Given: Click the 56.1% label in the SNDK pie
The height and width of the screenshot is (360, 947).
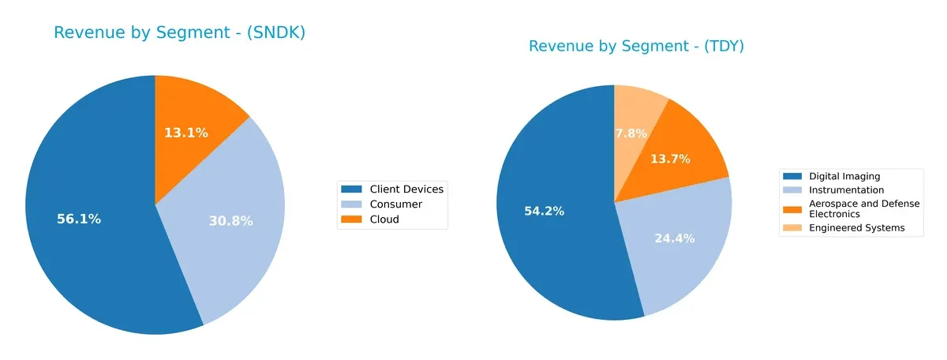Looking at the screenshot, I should click(79, 219).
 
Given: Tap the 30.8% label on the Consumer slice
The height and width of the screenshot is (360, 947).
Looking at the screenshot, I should click(230, 221).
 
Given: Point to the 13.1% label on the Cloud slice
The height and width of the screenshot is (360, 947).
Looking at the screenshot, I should click(186, 133).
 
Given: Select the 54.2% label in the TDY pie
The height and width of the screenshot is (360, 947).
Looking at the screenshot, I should click(545, 211).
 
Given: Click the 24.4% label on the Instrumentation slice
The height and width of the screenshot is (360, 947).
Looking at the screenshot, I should click(675, 238).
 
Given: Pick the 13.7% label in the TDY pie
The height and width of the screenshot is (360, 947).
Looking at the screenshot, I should click(670, 159).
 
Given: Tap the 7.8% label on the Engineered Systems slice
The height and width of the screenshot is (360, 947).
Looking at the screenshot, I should click(631, 133).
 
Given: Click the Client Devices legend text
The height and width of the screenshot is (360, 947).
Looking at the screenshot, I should click(406, 189).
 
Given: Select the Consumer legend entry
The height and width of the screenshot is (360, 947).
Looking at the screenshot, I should click(395, 204).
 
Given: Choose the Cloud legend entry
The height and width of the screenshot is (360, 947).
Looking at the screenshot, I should click(384, 219).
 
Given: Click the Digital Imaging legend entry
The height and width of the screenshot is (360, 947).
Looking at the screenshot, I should click(844, 176).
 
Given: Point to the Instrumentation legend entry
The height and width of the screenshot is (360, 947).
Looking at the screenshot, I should click(847, 189).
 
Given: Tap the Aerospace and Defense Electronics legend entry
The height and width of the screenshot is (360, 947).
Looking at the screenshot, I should click(864, 208).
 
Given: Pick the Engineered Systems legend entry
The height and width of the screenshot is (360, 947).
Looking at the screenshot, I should click(857, 228).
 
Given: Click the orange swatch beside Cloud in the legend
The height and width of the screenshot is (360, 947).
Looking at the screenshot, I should click(352, 219).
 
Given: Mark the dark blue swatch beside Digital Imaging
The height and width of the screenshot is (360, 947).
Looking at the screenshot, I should click(792, 176).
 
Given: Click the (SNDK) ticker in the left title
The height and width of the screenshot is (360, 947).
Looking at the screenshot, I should click(276, 33).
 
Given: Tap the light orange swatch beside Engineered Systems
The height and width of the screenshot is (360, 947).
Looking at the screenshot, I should click(792, 228).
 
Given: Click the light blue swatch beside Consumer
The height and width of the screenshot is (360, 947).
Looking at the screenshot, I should click(352, 204).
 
